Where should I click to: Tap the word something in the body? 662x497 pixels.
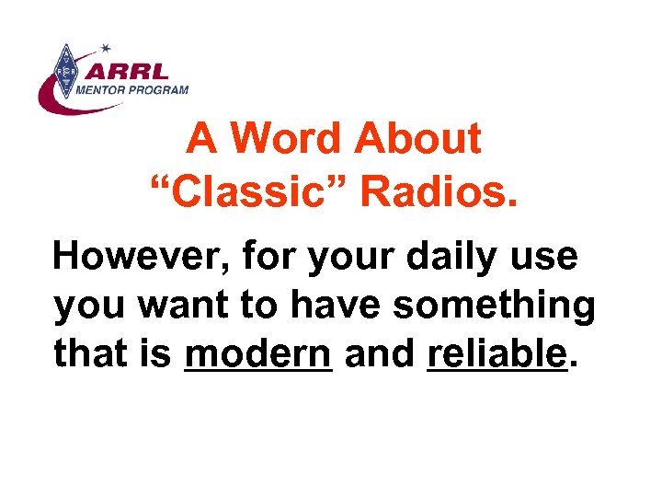(x=494, y=306)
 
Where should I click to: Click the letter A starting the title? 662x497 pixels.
(x=200, y=140)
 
